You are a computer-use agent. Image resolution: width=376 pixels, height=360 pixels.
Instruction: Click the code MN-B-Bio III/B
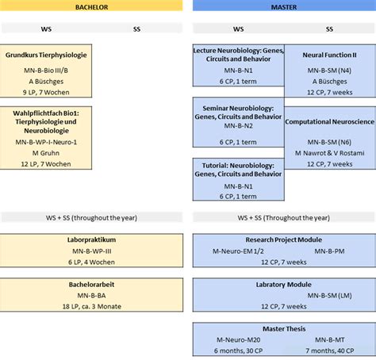pyautogui.click(x=46, y=71)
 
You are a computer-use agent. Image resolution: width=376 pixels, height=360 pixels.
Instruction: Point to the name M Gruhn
pyautogui.click(x=46, y=152)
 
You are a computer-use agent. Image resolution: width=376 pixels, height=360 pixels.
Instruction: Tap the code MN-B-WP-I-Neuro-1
pyautogui.click(x=46, y=142)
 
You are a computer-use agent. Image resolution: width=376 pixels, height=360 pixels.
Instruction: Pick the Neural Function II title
pyautogui.click(x=329, y=56)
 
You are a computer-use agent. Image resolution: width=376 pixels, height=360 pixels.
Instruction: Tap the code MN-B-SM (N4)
pyautogui.click(x=329, y=70)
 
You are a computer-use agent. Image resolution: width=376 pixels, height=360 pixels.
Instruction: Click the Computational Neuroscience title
pyautogui.click(x=329, y=122)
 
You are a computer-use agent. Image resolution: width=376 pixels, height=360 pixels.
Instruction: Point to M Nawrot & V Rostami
pyautogui.click(x=329, y=152)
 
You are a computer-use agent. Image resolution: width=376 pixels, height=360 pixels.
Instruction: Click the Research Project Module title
pyautogui.click(x=283, y=239)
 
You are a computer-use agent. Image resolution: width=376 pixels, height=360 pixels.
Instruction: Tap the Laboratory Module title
pyautogui.click(x=283, y=283)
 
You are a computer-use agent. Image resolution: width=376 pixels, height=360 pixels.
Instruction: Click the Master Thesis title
pyautogui.click(x=283, y=328)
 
